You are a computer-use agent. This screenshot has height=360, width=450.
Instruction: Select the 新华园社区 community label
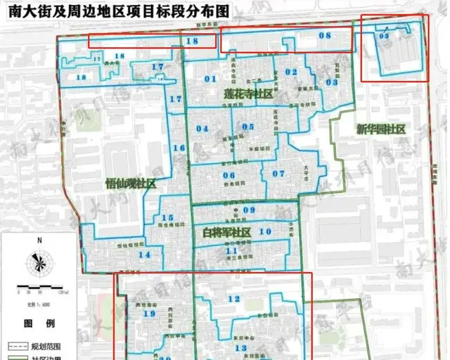380,129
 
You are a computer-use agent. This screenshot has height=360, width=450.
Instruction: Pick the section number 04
202,128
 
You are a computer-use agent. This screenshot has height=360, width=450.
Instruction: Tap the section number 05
247,127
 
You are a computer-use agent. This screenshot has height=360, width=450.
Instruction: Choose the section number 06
229,175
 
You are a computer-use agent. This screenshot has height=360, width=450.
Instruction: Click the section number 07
279,174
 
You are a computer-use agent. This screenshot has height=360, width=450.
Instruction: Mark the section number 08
324,35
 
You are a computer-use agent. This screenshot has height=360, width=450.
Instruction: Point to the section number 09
249,210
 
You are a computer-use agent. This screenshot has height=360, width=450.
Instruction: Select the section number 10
265,231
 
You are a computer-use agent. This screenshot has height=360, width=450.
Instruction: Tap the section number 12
233,300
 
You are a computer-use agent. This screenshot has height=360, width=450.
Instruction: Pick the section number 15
167,218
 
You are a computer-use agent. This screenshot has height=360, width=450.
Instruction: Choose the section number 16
179,148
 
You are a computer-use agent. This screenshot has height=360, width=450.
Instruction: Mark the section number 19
148,314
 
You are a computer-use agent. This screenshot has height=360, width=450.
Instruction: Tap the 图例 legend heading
39,324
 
